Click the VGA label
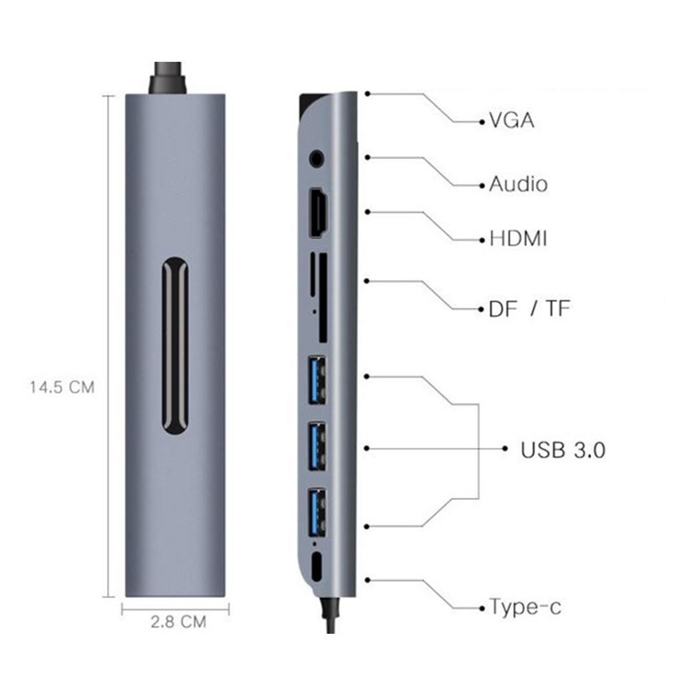click(511, 121)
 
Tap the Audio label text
click(518, 184)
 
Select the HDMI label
click(518, 238)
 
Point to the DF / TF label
click(529, 309)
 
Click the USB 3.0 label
click(563, 450)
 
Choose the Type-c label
click(525, 607)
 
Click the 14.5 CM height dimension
click(62, 387)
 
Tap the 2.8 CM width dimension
click(178, 622)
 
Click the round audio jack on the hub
click(318, 159)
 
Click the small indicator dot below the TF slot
click(313, 310)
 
